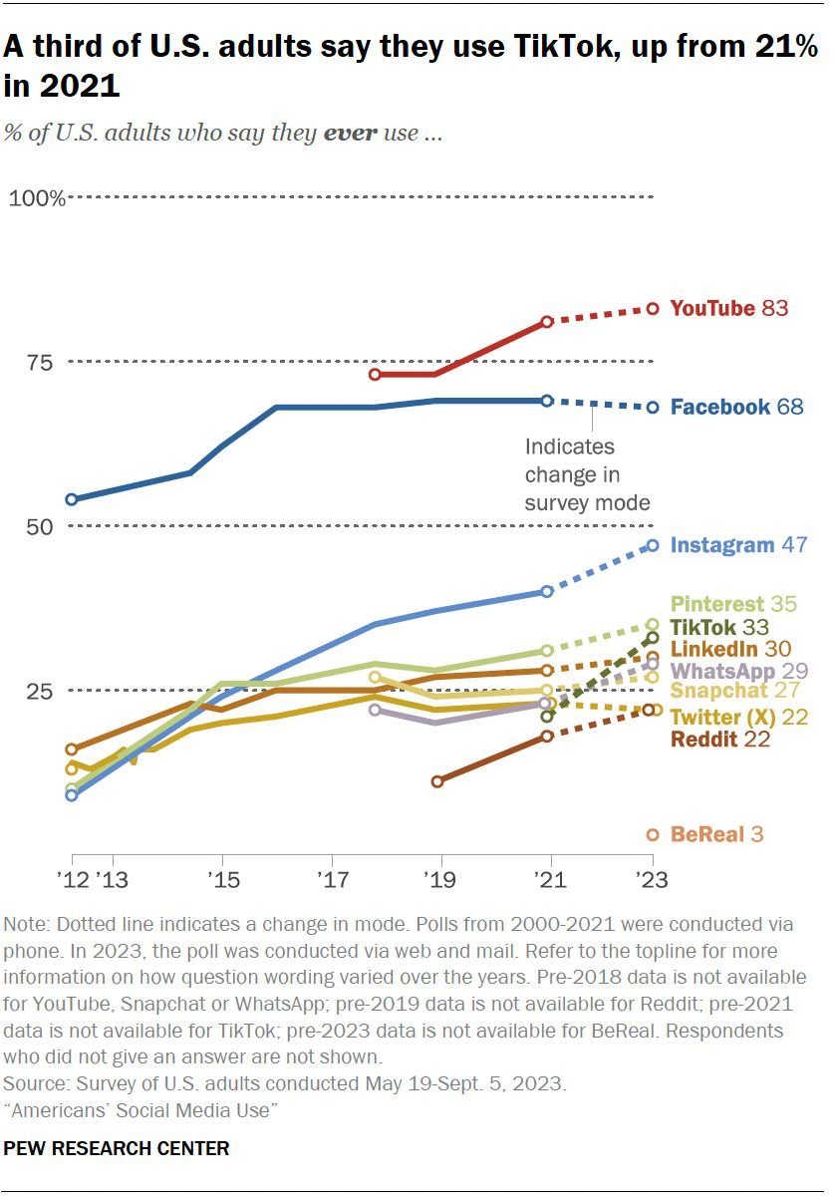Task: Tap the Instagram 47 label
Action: (738, 545)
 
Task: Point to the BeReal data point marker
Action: (653, 834)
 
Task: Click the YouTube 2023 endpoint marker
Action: (653, 309)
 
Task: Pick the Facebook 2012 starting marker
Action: (72, 499)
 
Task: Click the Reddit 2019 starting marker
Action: (437, 781)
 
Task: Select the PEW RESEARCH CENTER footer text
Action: (117, 1149)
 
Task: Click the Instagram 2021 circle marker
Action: (547, 592)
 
